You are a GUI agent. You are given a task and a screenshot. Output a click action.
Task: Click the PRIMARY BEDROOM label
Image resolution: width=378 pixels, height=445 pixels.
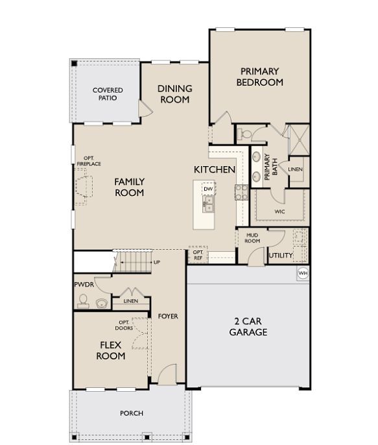(x=259, y=77)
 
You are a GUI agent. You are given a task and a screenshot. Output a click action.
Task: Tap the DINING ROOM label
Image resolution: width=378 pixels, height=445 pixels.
(x=174, y=94)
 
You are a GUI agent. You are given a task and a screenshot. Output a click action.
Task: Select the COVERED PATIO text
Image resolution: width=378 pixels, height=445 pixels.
(x=108, y=94)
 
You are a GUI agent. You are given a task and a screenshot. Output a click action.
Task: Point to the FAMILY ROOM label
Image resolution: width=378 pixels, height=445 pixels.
(x=130, y=187)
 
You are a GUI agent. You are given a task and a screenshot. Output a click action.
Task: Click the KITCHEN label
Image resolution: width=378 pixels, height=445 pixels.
(x=214, y=169)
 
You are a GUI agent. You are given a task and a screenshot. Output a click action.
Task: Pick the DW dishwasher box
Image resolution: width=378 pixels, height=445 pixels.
(x=208, y=189)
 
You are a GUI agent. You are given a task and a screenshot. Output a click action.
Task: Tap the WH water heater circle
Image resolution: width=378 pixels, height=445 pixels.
(x=303, y=274)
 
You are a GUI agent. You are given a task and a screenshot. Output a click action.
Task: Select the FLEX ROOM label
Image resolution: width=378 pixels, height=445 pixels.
(x=111, y=350)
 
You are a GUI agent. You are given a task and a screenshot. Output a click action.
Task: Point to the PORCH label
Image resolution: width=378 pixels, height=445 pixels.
(x=132, y=413)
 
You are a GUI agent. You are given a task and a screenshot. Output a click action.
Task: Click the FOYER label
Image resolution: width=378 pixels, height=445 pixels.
(x=168, y=317)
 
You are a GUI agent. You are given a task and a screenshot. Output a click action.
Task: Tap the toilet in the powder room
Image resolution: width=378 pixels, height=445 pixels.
(x=82, y=299)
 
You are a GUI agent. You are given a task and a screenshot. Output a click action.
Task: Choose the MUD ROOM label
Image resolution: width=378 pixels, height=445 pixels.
(x=252, y=238)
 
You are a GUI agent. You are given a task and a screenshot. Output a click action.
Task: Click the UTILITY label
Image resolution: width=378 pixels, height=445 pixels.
(x=281, y=256)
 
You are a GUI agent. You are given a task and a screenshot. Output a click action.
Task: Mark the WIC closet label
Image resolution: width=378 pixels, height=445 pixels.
(x=280, y=211)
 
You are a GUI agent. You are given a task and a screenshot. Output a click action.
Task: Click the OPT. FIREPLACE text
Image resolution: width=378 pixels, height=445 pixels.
(x=89, y=161)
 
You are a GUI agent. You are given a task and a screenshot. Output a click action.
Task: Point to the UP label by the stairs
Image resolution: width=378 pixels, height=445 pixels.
(x=157, y=262)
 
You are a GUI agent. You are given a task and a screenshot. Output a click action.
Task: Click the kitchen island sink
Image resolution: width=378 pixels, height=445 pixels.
(x=209, y=206)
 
